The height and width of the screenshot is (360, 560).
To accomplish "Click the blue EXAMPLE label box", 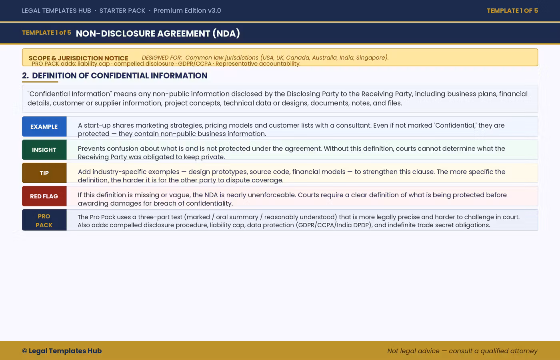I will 44,127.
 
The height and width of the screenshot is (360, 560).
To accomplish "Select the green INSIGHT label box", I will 44,150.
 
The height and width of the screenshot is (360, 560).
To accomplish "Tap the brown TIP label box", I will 44,173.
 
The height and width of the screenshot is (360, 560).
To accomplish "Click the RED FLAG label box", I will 44,196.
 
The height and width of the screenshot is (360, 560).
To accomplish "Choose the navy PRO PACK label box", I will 44,220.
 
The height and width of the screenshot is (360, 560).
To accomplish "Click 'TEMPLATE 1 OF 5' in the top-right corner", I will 512,11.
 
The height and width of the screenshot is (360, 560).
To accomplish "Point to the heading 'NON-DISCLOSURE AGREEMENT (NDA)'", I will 158,34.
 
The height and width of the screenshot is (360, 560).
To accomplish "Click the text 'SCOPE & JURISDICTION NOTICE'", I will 78,58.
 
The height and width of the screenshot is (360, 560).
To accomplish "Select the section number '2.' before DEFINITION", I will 25,76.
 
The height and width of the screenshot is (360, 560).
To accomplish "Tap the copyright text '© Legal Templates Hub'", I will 62,351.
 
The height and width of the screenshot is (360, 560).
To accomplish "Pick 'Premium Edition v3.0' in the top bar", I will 187,11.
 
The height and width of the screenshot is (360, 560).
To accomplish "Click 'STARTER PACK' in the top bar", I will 122,11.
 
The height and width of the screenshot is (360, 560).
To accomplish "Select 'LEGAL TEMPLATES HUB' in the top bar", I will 56,11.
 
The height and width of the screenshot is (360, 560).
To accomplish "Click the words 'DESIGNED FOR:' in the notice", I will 162,58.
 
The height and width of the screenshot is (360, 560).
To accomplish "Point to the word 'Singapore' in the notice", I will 371,58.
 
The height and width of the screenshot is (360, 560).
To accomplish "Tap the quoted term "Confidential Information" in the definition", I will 69,94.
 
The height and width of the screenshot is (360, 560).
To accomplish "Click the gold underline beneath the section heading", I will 40,82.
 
